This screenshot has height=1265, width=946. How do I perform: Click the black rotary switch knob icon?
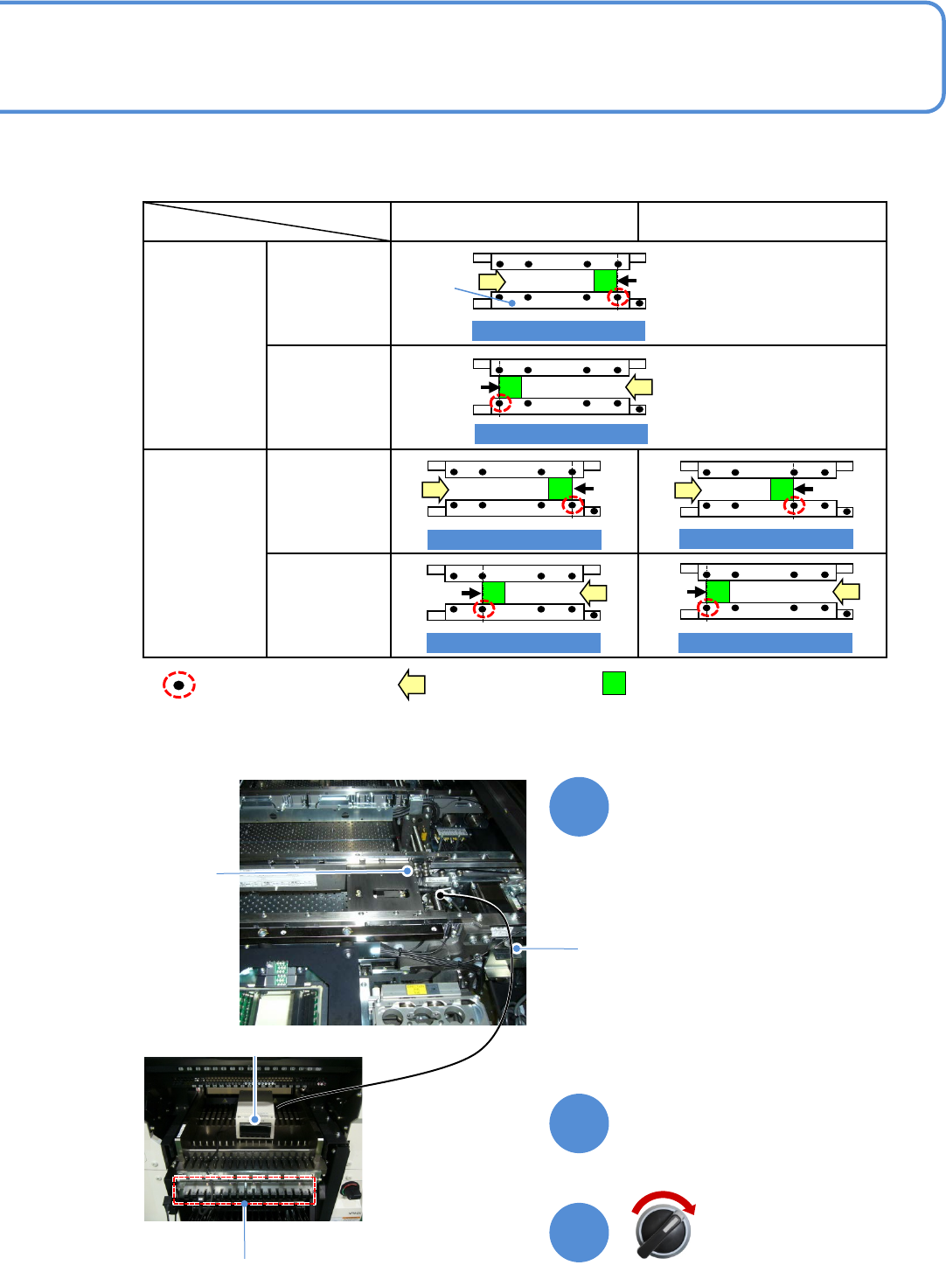(x=663, y=1231)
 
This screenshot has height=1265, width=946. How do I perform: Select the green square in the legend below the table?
(x=614, y=683)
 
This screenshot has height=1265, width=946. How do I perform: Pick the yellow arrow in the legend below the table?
(x=412, y=684)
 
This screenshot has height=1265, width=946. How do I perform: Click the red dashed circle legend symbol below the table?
(x=178, y=685)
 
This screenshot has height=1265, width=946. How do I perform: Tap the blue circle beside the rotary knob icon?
(x=579, y=1233)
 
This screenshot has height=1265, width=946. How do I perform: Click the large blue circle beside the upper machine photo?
(x=579, y=807)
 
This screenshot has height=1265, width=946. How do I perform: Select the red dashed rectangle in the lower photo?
(x=244, y=1191)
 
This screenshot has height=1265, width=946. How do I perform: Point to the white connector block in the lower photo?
(x=255, y=1118)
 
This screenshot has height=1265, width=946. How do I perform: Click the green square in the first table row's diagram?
(x=605, y=281)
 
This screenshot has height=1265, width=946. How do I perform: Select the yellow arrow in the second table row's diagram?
(x=640, y=386)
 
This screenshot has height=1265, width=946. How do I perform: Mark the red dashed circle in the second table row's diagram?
(x=499, y=404)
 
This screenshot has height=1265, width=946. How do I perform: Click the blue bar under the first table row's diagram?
(x=558, y=330)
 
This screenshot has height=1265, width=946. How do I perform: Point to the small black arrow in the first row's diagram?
(x=628, y=281)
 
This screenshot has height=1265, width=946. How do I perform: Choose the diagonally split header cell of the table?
(x=267, y=221)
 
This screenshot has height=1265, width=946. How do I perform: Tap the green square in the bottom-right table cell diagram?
(x=717, y=592)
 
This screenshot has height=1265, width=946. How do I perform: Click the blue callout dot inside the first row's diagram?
(x=512, y=303)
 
